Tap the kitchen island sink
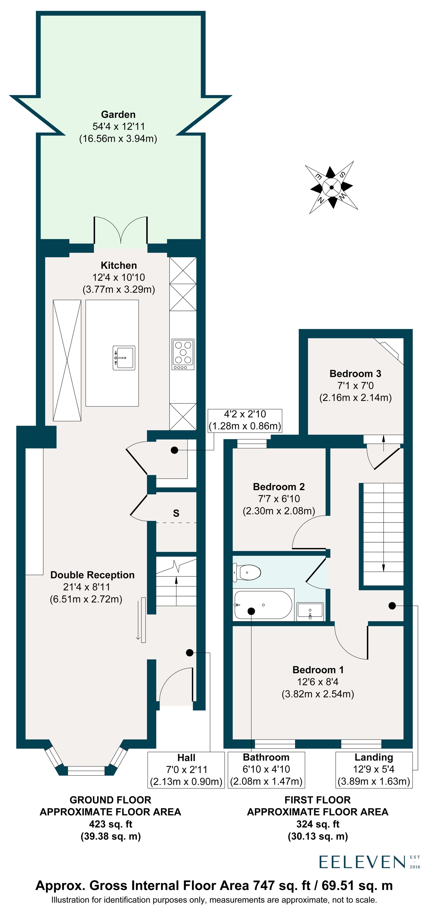coord(124,358)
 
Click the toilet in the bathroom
coord(247,572)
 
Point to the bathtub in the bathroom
coord(263,605)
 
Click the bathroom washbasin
coord(310,611)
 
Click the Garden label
coord(118,114)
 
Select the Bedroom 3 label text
coord(355,374)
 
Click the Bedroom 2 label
coord(279,487)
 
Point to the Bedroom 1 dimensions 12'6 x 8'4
coord(318,682)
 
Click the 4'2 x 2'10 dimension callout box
coord(245,420)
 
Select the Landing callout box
coord(374,769)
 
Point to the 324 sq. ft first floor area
coord(318,824)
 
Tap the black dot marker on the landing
coord(392,606)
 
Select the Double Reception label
coord(92,575)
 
